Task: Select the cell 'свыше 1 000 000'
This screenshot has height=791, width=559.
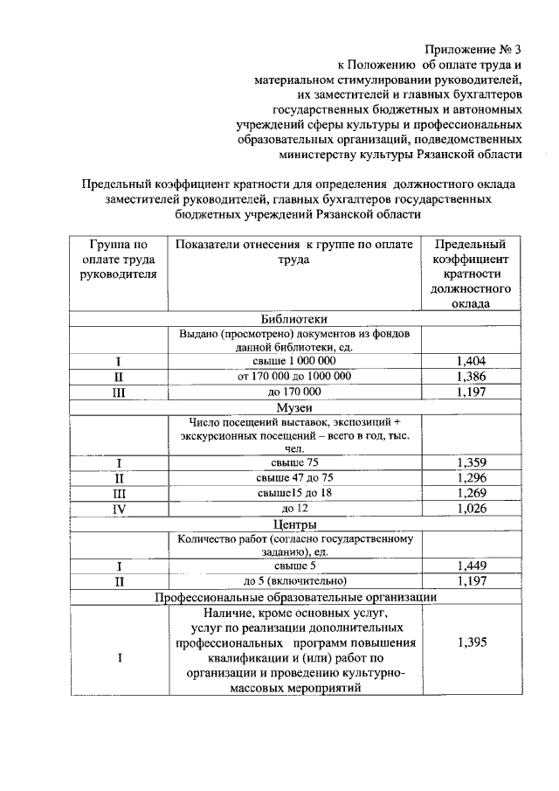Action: (x=294, y=361)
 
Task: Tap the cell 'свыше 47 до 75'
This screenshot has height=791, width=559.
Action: (x=294, y=478)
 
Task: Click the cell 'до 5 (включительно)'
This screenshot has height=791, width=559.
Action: (x=294, y=581)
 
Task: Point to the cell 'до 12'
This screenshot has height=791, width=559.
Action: (x=294, y=509)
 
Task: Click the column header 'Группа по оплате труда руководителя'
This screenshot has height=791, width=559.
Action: (x=117, y=259)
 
